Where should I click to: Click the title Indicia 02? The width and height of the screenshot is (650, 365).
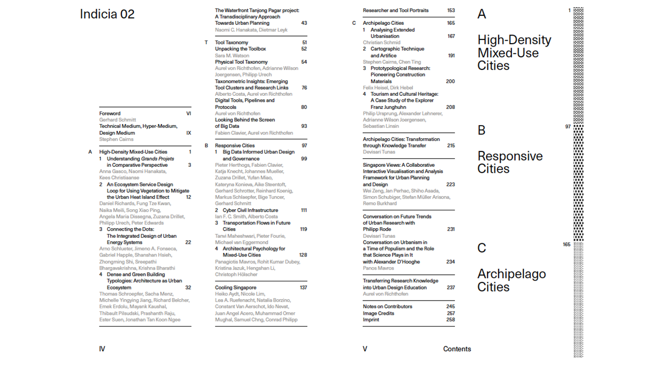point(107,14)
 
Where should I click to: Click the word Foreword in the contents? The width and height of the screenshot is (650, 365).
point(110,114)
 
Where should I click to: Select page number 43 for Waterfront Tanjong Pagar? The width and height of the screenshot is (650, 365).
point(304,23)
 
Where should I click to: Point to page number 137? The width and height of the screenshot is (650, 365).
point(303,287)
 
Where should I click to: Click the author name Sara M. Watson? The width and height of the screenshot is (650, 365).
point(232,56)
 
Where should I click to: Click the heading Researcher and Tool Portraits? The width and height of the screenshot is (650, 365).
point(396,10)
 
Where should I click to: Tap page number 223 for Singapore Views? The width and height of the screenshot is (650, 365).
point(450,185)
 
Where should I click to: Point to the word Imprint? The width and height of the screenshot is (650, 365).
point(371,320)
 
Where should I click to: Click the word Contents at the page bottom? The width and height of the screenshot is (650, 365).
point(457,349)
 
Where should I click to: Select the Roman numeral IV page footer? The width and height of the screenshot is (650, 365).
point(102,349)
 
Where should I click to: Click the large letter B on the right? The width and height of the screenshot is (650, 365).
point(481,130)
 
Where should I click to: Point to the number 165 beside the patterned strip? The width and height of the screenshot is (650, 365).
point(567,244)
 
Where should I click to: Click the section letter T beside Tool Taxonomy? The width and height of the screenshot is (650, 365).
point(207,43)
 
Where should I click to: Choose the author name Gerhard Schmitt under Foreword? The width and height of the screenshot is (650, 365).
point(117,120)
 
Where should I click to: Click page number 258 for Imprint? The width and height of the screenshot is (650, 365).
point(450,320)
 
